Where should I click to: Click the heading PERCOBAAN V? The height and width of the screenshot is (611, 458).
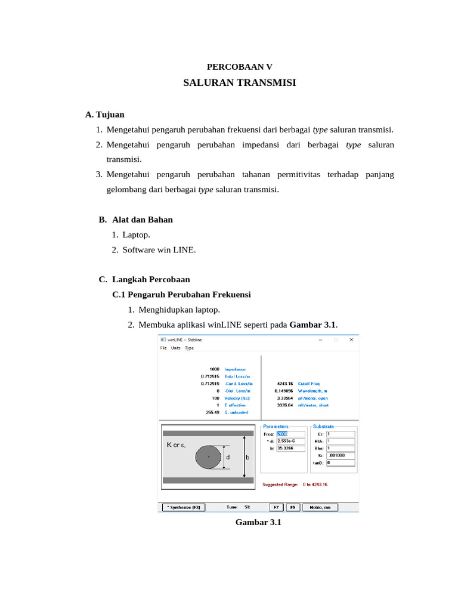click(239, 67)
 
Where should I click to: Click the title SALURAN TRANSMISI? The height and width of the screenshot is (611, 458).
click(239, 83)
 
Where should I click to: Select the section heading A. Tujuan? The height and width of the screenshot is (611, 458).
click(105, 115)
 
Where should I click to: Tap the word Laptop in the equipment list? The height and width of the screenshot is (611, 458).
click(137, 235)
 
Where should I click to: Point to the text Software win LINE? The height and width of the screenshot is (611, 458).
click(159, 250)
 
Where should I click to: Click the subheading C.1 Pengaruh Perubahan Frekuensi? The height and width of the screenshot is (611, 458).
click(181, 295)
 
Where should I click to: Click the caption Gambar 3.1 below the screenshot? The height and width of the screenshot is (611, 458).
click(258, 523)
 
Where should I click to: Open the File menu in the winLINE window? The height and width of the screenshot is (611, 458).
click(163, 348)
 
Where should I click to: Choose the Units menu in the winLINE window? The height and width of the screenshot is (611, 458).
click(176, 348)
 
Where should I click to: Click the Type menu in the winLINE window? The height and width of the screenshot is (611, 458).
click(189, 348)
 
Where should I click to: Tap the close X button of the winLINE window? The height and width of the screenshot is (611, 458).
click(351, 340)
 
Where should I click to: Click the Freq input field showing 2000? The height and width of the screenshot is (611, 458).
click(290, 434)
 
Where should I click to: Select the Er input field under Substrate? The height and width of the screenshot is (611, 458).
click(340, 434)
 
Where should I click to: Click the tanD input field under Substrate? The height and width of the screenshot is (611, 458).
click(340, 462)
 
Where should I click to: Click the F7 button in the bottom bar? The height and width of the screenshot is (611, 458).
click(276, 507)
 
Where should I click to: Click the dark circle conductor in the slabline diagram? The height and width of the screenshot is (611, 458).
click(208, 457)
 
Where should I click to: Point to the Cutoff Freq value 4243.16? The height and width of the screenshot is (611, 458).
click(284, 384)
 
